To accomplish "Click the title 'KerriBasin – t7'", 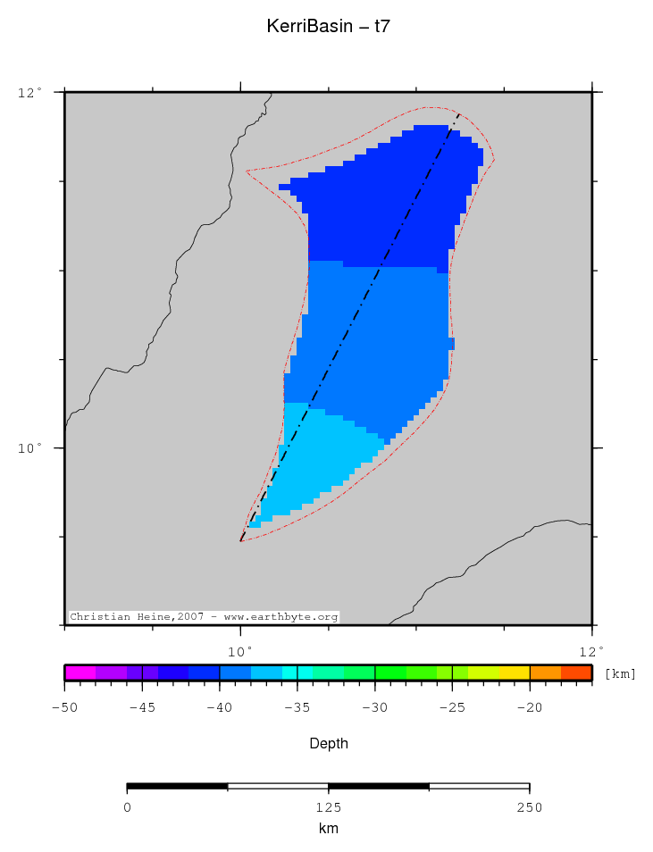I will pos(328,27).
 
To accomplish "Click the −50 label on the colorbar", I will pos(64,707).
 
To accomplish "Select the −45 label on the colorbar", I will pos(142,707).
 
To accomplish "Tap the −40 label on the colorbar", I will pos(220,707).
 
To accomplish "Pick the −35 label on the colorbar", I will pos(297,707).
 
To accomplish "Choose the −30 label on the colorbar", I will pos(375,707).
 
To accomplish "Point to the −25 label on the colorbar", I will pos(452,707).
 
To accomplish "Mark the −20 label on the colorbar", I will pos(530,707).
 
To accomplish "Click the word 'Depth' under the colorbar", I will pos(328,743).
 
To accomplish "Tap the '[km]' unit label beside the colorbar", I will pos(620,673).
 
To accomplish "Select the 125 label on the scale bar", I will pos(328,807).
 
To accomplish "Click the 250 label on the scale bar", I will pos(530,807).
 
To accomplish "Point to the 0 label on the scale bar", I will pos(127,807).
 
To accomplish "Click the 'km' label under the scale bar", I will pos(328,829).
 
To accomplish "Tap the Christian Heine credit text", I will pos(204,617).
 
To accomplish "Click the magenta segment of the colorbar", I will pos(80,672).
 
